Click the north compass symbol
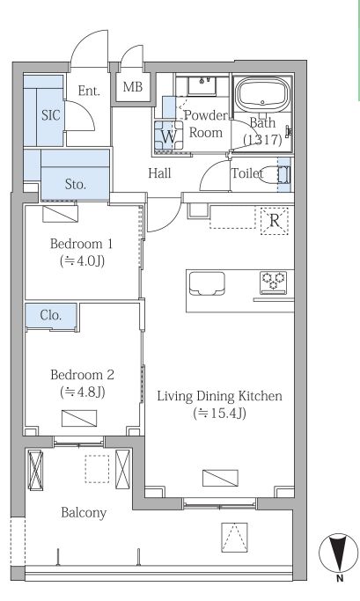338,553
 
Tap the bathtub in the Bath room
262,93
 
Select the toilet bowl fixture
275,174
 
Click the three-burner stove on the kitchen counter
273,282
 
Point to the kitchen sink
207,283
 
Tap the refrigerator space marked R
274,221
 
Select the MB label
133,87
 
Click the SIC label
50,115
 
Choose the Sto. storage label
75,185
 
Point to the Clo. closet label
50,315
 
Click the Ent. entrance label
89,91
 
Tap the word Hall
159,173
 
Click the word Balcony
84,513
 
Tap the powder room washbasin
202,86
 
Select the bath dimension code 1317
262,140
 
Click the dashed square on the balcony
97,468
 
